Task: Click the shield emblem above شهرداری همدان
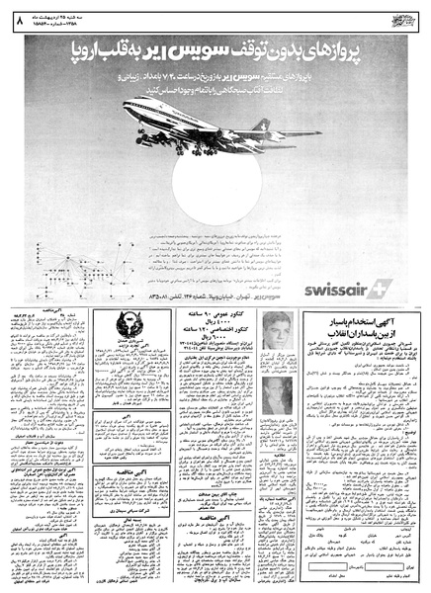(128, 327)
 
